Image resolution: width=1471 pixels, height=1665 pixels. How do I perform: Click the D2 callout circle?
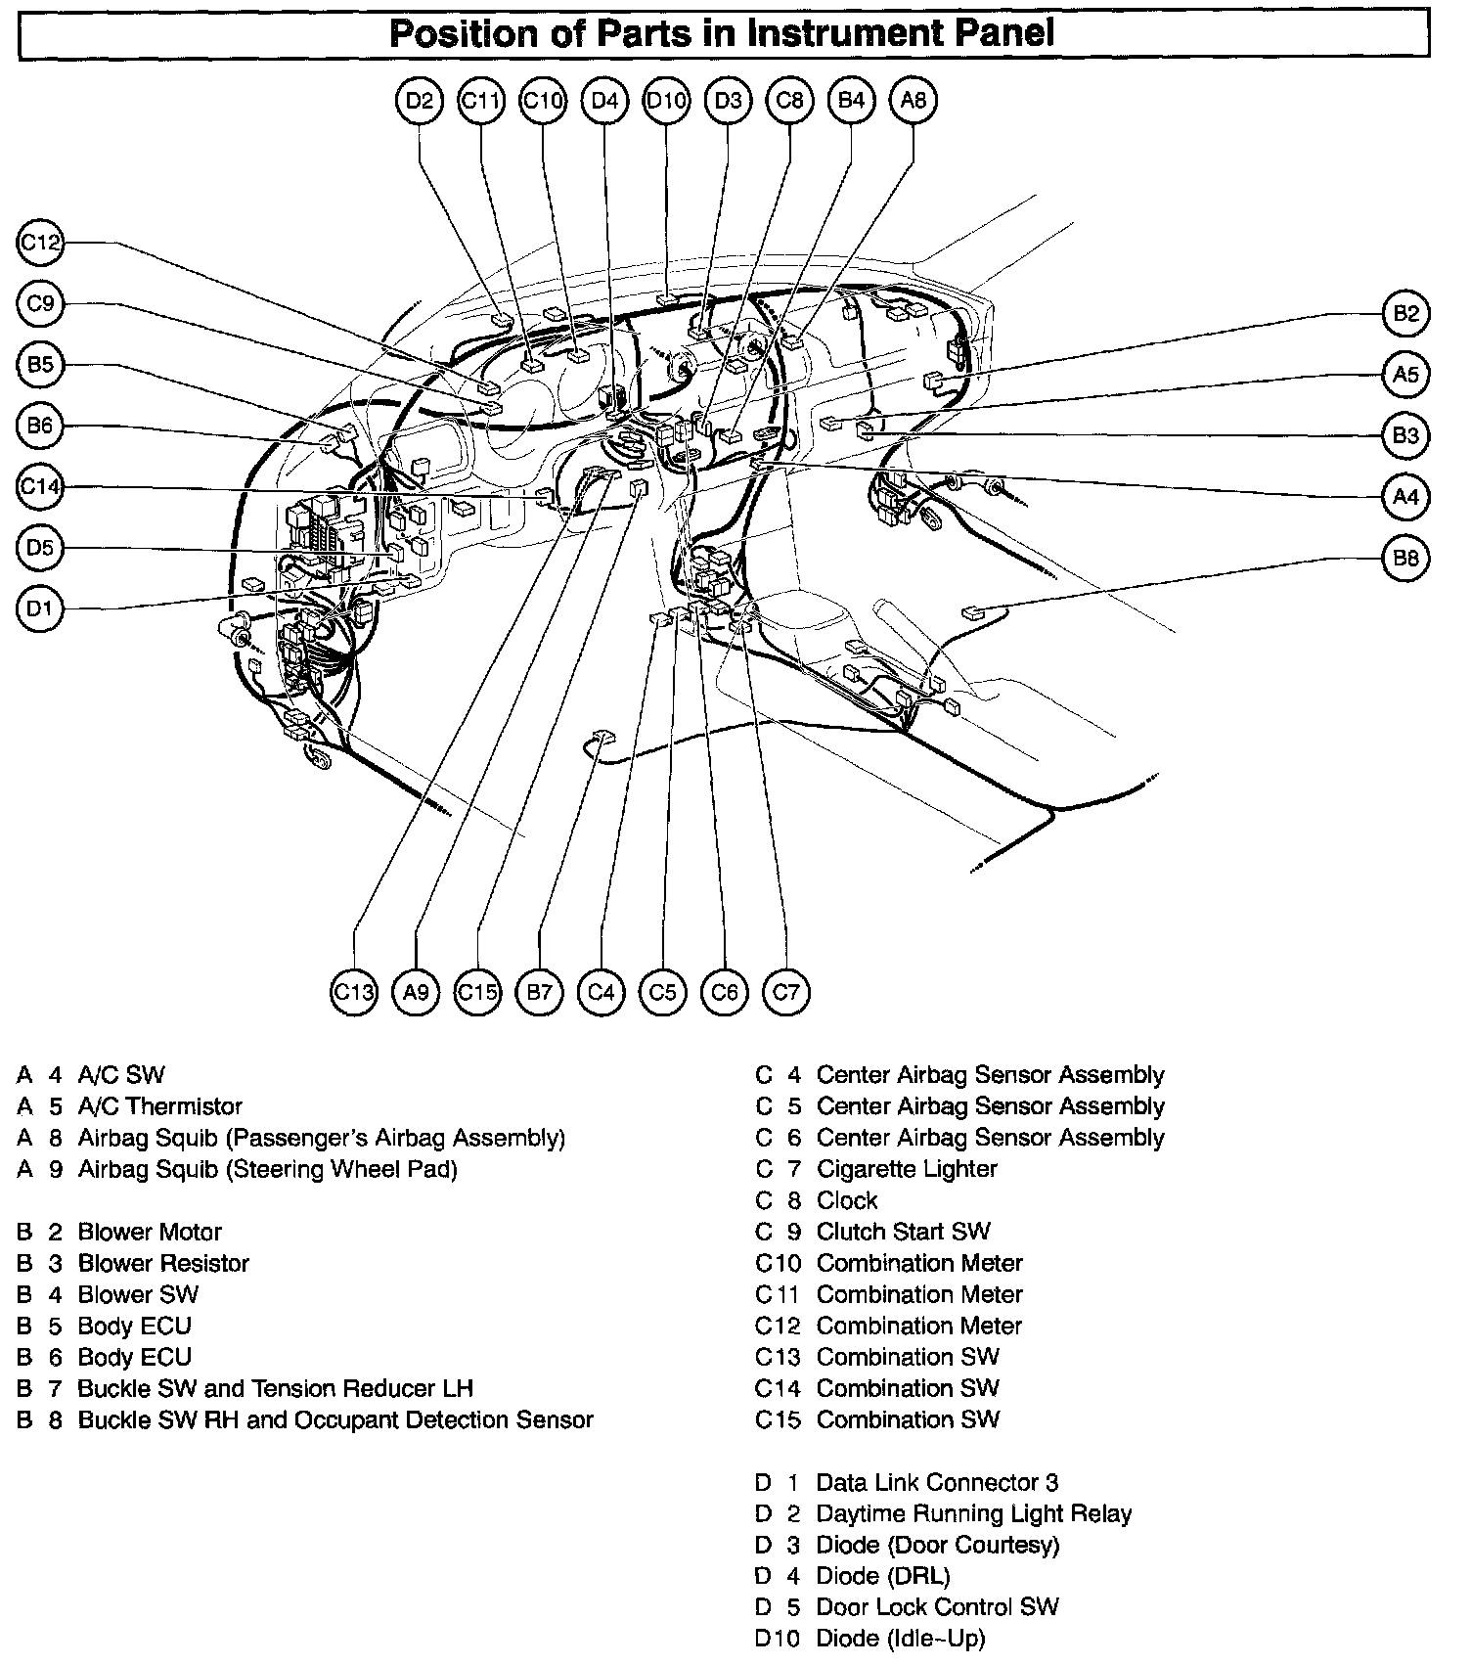(x=420, y=100)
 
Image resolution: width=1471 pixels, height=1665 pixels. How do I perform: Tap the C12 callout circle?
(x=40, y=243)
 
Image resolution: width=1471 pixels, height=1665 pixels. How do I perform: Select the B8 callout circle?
(x=1405, y=559)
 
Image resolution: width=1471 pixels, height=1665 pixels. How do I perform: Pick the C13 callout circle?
(x=354, y=993)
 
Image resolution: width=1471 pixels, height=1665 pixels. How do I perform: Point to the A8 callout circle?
(x=914, y=100)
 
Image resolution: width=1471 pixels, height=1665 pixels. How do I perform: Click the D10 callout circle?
(x=667, y=100)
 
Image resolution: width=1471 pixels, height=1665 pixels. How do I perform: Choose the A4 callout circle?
(x=1405, y=497)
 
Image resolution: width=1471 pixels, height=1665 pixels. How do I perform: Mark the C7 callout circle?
(x=786, y=993)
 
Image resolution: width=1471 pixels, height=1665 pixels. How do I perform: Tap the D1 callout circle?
(x=40, y=609)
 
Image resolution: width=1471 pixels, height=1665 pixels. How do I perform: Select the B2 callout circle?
(x=1405, y=313)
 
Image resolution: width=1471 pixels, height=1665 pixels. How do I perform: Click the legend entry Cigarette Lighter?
(x=906, y=1169)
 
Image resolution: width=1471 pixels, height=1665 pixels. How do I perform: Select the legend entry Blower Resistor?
(x=163, y=1263)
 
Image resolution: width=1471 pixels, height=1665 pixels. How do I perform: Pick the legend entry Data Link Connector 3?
(x=937, y=1482)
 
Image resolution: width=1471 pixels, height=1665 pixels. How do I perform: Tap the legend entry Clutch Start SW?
(x=903, y=1232)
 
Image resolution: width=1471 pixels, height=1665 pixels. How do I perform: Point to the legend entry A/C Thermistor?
(x=159, y=1106)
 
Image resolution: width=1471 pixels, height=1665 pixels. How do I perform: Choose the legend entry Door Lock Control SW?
(x=937, y=1607)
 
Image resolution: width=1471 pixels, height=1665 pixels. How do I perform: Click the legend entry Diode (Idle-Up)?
(x=900, y=1639)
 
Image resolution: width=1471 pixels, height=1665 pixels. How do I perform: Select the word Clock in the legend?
(x=847, y=1200)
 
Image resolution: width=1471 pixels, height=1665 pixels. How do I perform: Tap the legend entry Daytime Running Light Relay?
(x=973, y=1513)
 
